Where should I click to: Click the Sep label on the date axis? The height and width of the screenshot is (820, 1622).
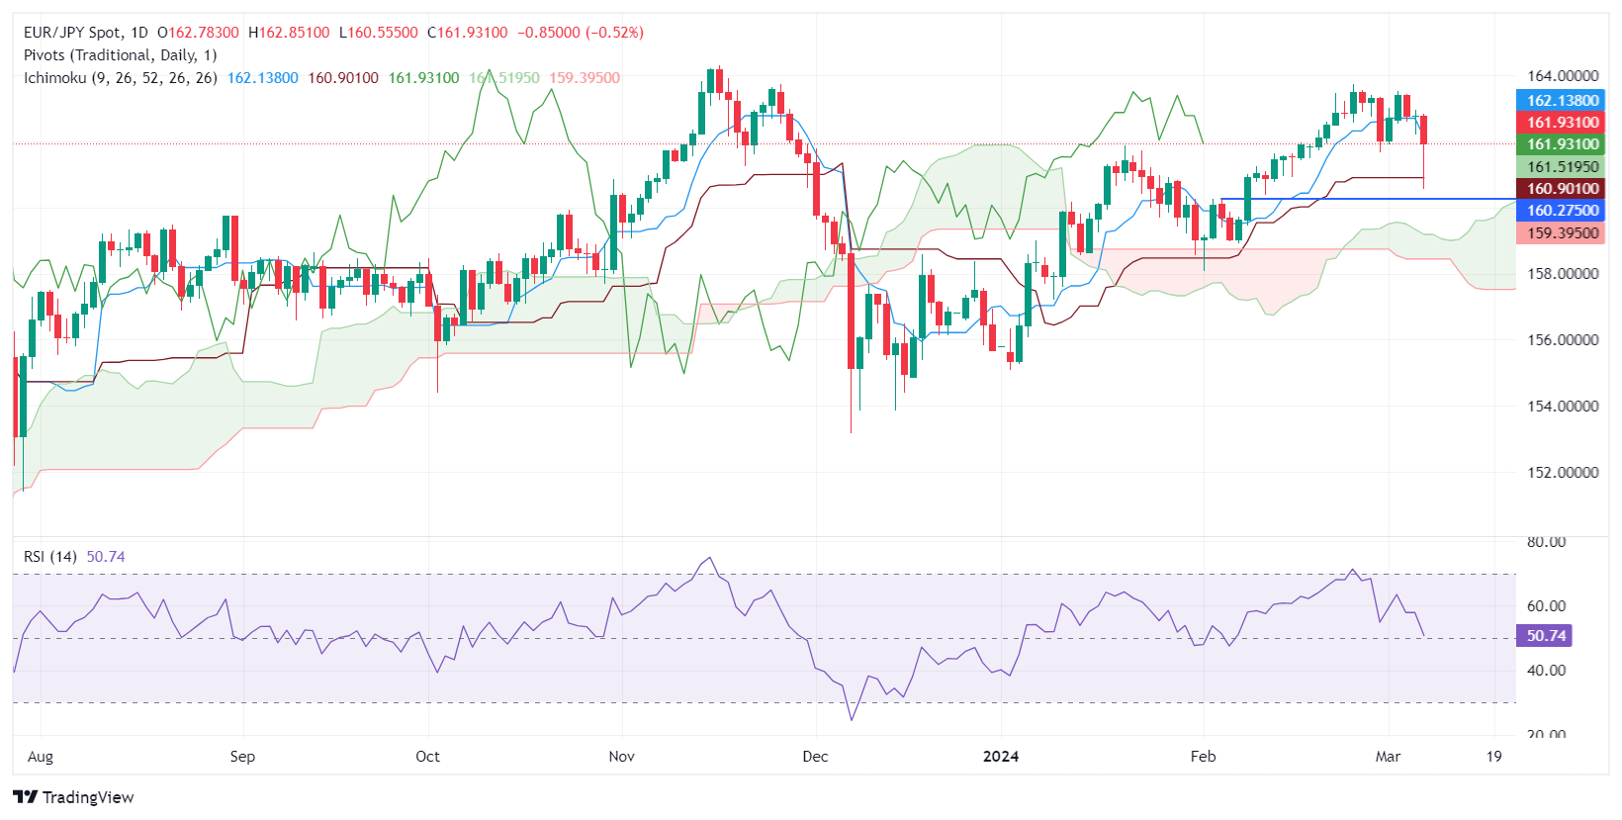[x=242, y=757]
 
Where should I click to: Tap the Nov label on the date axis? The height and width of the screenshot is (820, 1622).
[x=621, y=757]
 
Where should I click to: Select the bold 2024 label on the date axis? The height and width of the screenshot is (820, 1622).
[x=1001, y=757]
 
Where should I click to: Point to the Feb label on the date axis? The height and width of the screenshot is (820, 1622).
[x=1203, y=757]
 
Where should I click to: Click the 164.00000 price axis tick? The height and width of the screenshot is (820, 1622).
[x=1563, y=76]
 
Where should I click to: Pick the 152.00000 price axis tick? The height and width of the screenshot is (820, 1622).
[x=1563, y=473]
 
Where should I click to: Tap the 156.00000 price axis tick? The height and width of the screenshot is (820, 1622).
[x=1563, y=340]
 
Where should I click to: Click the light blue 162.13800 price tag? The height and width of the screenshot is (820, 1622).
[x=1562, y=101]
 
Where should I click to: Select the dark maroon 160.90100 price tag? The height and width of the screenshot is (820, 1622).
[x=1562, y=189]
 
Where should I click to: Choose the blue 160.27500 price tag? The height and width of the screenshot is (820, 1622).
[x=1562, y=211]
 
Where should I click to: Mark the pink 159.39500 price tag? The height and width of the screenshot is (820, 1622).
[x=1562, y=233]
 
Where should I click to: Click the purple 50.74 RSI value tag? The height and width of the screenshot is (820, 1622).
[x=1545, y=636]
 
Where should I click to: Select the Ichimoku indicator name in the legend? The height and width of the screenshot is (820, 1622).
[x=55, y=78]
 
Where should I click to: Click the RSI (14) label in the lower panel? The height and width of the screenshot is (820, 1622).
[x=50, y=557]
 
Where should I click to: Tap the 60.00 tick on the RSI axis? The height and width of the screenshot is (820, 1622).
[x=1546, y=606]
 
